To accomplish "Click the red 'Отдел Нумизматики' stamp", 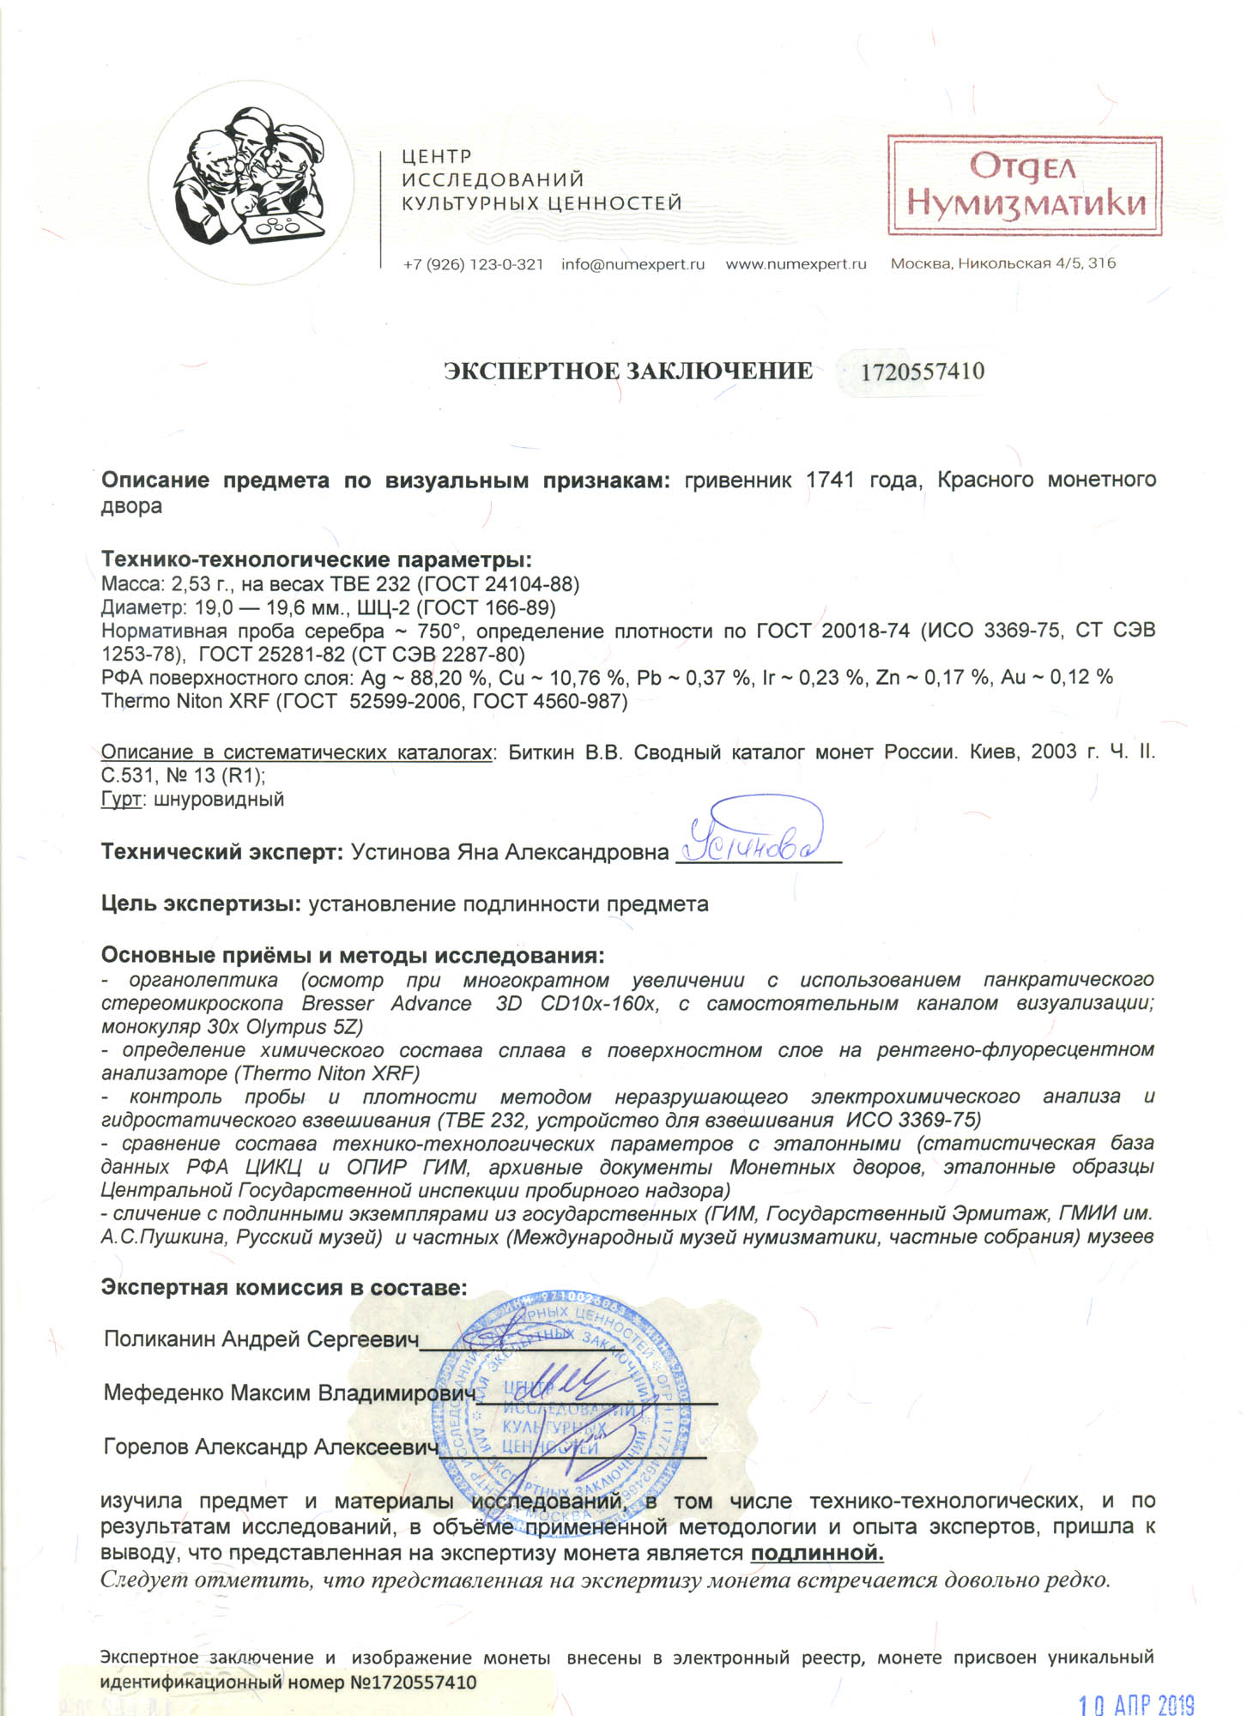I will [x=1025, y=185].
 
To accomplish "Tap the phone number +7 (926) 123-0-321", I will [x=473, y=264].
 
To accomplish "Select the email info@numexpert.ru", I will [x=633, y=264].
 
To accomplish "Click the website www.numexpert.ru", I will [x=796, y=264].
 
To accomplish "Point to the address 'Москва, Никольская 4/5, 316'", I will [x=1002, y=263].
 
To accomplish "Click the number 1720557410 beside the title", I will [x=922, y=372].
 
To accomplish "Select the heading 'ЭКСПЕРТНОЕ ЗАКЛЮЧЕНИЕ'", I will [x=627, y=371].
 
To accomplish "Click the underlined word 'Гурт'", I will [x=120, y=800].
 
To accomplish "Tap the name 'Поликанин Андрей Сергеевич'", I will [x=261, y=1339].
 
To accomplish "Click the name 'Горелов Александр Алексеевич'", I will [x=270, y=1447].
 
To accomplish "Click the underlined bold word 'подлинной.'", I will [x=817, y=1553].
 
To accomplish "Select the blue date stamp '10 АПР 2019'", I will [x=1135, y=1703].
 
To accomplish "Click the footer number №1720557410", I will [x=413, y=1683].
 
